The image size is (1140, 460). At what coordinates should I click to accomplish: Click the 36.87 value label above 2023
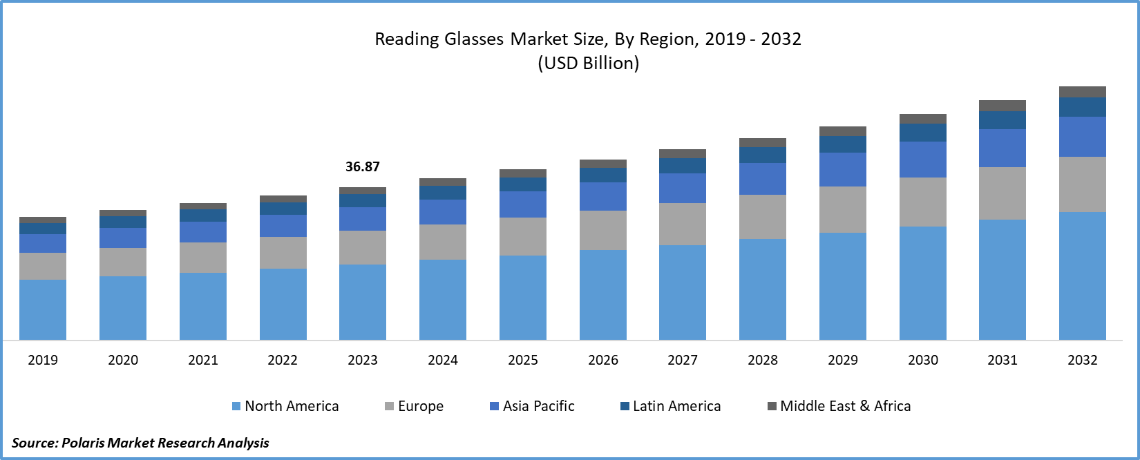(363, 166)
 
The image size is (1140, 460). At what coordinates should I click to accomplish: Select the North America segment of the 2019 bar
(43, 309)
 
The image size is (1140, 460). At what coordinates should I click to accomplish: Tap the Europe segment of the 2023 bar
(363, 247)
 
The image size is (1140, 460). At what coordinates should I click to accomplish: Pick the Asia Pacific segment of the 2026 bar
(603, 196)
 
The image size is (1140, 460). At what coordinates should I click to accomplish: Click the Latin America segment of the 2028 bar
(763, 155)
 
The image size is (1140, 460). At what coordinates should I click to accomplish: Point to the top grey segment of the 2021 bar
(203, 206)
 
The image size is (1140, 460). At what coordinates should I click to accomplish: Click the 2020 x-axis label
(123, 360)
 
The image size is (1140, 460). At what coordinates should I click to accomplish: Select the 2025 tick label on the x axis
(523, 360)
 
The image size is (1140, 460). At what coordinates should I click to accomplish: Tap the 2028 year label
(763, 360)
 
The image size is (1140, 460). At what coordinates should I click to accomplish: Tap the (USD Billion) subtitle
(589, 64)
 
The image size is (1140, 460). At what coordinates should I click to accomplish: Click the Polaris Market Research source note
(140, 443)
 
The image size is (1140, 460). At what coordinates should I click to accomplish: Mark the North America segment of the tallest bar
(1083, 276)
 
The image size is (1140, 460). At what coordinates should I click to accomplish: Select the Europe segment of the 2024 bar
(443, 242)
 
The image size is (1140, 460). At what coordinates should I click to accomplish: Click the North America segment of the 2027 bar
(683, 292)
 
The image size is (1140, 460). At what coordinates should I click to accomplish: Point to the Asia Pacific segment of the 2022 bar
(283, 226)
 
